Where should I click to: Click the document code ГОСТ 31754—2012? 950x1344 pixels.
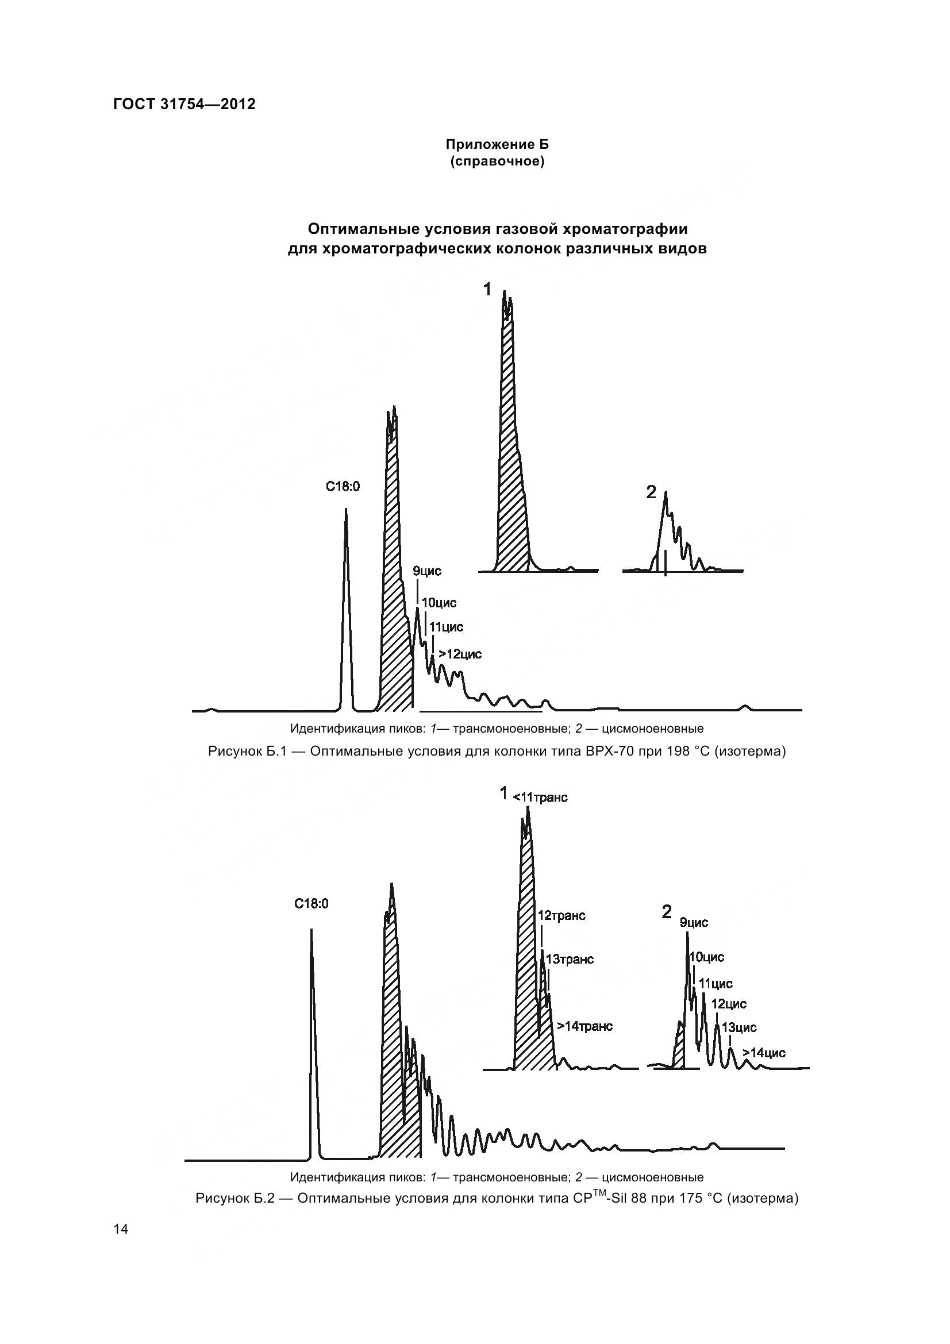coord(184,104)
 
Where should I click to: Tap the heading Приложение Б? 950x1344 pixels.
coord(497,144)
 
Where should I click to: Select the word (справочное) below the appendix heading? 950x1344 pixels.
coord(497,161)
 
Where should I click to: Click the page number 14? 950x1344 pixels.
coord(121,1229)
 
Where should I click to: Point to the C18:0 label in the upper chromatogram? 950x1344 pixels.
coord(343,486)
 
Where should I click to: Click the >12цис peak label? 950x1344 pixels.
coord(460,654)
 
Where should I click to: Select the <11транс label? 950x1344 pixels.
coord(540,798)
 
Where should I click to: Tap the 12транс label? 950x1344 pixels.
coord(561,915)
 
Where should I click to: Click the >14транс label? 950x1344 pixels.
coord(584,1026)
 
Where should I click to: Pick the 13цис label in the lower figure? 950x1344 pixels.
coord(739,1027)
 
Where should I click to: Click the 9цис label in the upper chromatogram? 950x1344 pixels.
coord(426,571)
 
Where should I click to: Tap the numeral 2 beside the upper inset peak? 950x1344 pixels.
coord(651,493)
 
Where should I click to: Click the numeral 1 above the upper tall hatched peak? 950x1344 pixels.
coord(487,288)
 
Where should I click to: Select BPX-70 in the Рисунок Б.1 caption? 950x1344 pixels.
coord(610,751)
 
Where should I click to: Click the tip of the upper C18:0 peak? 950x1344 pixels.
coord(345,509)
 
